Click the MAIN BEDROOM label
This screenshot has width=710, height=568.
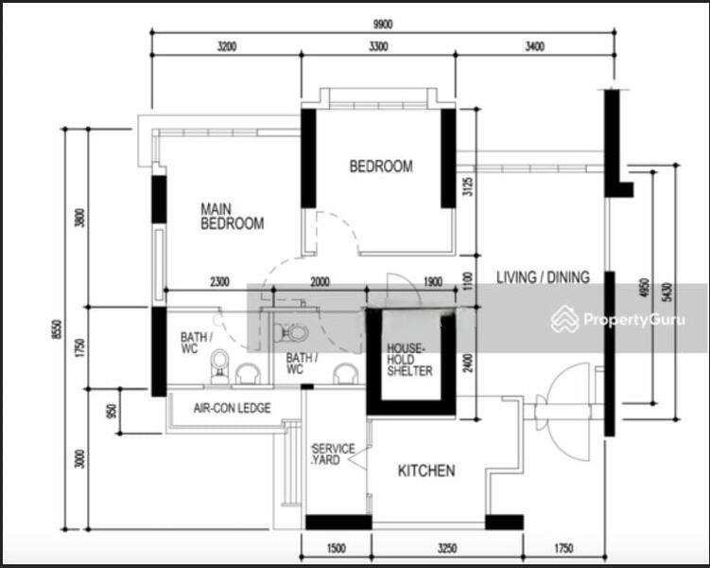(x=232, y=217)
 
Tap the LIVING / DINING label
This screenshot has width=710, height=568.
(x=543, y=277)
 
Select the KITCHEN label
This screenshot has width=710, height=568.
(x=425, y=470)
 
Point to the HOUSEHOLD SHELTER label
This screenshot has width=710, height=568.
(x=409, y=360)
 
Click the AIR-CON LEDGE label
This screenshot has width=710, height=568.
(x=232, y=408)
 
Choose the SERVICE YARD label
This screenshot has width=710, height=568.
(x=333, y=454)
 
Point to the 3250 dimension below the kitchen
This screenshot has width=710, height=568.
(x=428, y=548)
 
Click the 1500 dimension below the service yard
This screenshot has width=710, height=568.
(x=336, y=548)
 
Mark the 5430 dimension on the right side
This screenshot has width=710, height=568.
(x=668, y=290)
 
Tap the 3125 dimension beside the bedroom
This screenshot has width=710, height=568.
(x=465, y=186)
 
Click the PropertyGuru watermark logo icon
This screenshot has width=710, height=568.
(x=565, y=319)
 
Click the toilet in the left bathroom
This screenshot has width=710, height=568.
(x=219, y=364)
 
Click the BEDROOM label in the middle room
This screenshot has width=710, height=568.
(x=381, y=167)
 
